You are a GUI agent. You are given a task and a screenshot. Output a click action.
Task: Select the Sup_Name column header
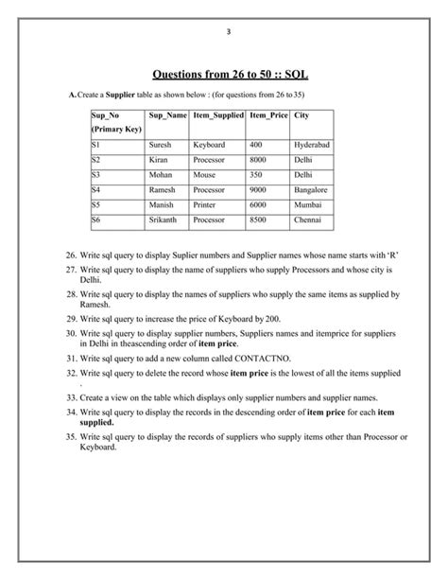(x=166, y=115)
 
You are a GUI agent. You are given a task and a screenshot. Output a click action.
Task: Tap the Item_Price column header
(x=267, y=115)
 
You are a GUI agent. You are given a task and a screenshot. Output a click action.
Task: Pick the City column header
(x=302, y=115)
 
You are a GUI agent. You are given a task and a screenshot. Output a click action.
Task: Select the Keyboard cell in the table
(x=209, y=145)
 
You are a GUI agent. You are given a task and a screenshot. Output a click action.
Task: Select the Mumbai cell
(x=307, y=204)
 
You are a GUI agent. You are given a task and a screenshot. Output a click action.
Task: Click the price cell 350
(x=257, y=175)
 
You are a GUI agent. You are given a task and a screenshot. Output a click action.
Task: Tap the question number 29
(x=71, y=319)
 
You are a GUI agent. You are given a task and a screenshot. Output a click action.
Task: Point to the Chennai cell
(x=308, y=220)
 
